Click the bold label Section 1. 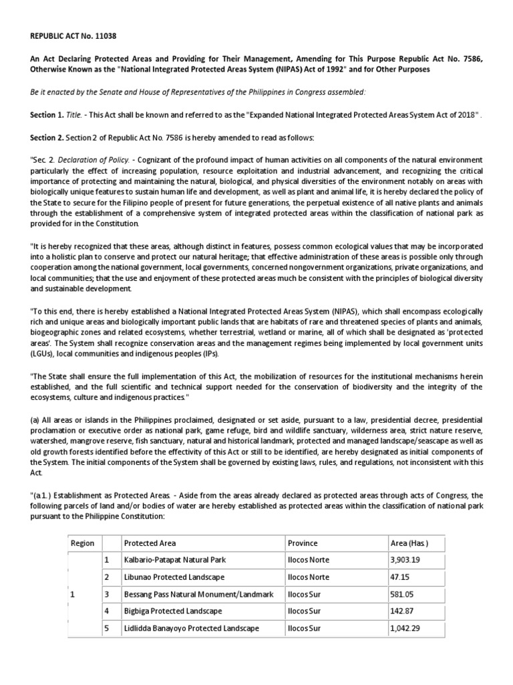tap(47, 115)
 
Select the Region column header tap(82, 543)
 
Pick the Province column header tap(303, 543)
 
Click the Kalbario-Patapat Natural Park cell tap(174, 559)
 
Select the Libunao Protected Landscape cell tap(164, 577)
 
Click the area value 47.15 tap(400, 577)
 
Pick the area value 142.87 tap(402, 611)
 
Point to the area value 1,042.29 tap(406, 628)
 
